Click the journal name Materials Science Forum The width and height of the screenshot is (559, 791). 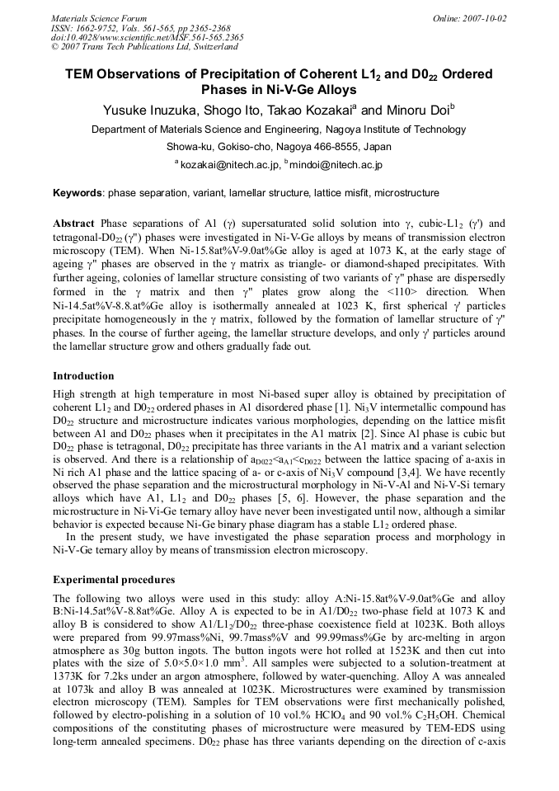(x=99, y=18)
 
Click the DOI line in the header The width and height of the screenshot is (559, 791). (x=147, y=37)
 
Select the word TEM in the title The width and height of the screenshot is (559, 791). (x=81, y=74)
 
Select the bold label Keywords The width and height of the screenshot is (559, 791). (x=78, y=193)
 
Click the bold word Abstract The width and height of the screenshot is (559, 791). (x=74, y=224)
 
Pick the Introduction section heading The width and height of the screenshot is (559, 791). (x=84, y=375)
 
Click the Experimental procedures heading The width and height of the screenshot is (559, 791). (x=113, y=579)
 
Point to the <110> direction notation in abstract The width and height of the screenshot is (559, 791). (x=405, y=315)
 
